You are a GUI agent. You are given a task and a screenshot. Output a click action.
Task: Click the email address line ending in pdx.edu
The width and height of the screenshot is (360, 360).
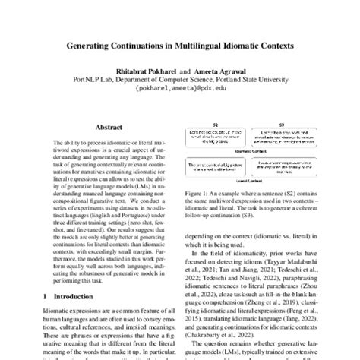[x=179, y=86]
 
